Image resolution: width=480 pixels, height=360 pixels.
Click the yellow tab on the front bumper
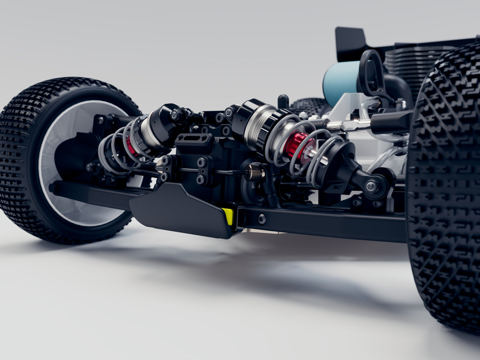tap(228, 216)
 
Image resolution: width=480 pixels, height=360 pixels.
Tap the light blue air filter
tap(340, 83)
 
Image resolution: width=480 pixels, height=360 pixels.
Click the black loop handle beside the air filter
tap(372, 73)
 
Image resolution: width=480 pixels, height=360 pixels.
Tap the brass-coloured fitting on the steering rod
tap(255, 172)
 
